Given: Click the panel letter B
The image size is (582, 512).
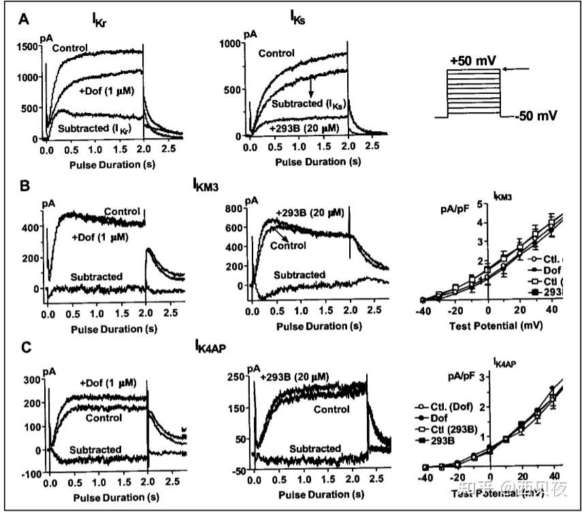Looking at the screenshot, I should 25,184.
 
